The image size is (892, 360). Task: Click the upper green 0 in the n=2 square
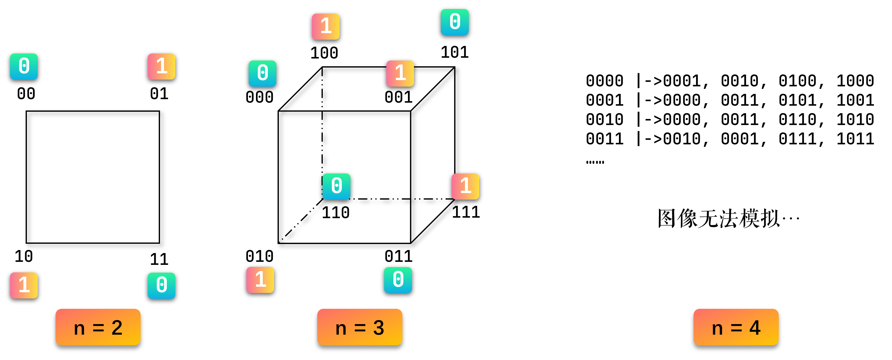24,67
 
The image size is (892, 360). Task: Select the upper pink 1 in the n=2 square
161,67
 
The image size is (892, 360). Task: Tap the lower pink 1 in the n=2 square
24,285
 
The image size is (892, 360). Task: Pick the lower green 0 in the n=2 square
161,285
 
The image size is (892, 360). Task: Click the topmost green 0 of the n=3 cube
455,22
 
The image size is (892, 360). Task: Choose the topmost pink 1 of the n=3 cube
326,27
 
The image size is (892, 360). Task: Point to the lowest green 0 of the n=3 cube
398,280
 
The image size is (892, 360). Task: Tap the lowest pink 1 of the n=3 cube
260,280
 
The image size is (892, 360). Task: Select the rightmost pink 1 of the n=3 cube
465,187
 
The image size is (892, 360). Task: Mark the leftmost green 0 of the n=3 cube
263,73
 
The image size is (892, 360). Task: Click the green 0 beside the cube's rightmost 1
336,187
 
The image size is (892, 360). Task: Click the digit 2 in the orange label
117,327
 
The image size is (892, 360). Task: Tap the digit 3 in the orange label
379,327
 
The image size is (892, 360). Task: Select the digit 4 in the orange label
755,327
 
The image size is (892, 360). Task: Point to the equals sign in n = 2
98,327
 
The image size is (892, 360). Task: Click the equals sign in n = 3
360,327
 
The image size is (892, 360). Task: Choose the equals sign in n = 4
736,327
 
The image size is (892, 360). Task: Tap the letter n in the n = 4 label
717,329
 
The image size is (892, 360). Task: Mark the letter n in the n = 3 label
341,329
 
